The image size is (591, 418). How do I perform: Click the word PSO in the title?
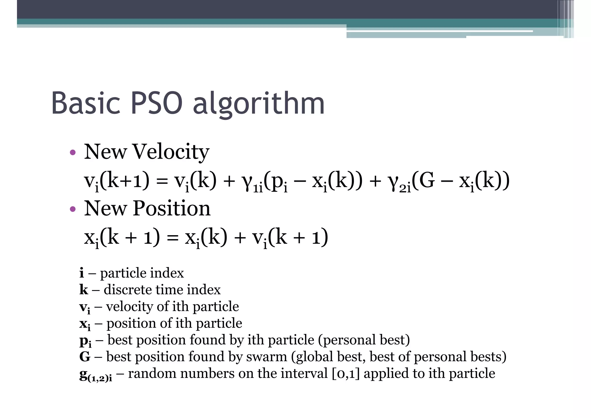coord(157,103)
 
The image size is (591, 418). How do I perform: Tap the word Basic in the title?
coord(85,103)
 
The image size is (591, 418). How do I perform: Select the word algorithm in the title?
coord(259,105)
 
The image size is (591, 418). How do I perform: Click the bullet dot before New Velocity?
coord(73,152)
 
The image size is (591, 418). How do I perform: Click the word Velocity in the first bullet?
coord(171,152)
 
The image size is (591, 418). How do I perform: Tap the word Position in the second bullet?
coord(171,208)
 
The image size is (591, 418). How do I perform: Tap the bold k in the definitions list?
coord(83,289)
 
